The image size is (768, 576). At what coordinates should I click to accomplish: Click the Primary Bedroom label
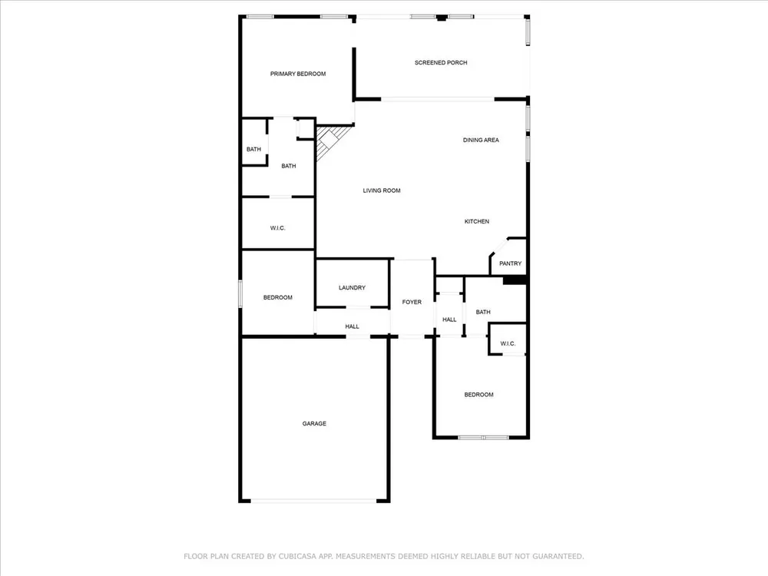(298, 74)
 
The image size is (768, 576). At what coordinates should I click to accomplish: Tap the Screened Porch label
(441, 63)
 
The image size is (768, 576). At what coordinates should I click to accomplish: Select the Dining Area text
(481, 140)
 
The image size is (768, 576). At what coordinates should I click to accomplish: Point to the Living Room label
(382, 190)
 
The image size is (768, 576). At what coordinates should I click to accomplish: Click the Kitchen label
(477, 221)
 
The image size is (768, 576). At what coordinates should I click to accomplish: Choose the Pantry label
(511, 263)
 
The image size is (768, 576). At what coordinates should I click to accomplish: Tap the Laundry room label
(353, 287)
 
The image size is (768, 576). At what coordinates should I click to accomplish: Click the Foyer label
(412, 302)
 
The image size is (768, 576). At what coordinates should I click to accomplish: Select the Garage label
(314, 424)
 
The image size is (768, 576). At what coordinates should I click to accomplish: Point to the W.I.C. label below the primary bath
(278, 228)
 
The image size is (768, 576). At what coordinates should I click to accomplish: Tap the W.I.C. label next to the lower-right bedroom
(508, 344)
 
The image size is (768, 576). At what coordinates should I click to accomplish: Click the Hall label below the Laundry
(353, 326)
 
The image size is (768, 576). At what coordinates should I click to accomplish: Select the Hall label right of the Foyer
(449, 319)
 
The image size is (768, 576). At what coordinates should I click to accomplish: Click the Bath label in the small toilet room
(253, 150)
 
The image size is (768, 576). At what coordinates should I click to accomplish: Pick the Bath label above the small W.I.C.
(483, 312)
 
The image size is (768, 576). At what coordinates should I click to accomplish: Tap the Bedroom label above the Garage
(278, 297)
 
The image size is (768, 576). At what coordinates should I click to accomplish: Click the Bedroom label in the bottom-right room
(479, 395)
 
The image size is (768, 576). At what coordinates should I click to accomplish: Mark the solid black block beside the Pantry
(515, 280)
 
